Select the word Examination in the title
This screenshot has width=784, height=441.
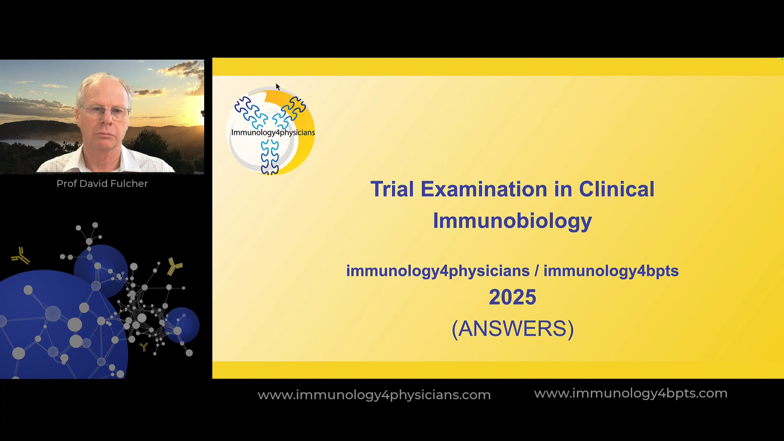[x=484, y=189]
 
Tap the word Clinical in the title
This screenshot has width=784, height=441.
[x=617, y=189]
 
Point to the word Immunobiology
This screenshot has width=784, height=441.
[x=512, y=221]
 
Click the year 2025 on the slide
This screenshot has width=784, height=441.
[x=512, y=297]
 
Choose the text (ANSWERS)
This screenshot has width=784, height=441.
[x=513, y=329]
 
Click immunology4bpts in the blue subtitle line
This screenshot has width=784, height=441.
[x=611, y=271]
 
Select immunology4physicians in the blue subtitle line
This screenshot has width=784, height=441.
[x=438, y=271]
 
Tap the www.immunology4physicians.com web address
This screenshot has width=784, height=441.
[x=374, y=395]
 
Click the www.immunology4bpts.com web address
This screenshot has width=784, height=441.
[x=631, y=393]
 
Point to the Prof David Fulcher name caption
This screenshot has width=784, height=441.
[x=102, y=184]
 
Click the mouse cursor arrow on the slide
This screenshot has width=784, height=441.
[x=278, y=87]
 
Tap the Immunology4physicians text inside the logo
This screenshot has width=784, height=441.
[x=273, y=133]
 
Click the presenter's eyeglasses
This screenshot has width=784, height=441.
[x=106, y=111]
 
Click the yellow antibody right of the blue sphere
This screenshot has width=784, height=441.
[x=175, y=266]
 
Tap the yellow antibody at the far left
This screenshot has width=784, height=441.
[x=20, y=256]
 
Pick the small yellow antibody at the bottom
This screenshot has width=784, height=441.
[x=144, y=347]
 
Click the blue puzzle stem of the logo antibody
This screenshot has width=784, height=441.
[x=269, y=157]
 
